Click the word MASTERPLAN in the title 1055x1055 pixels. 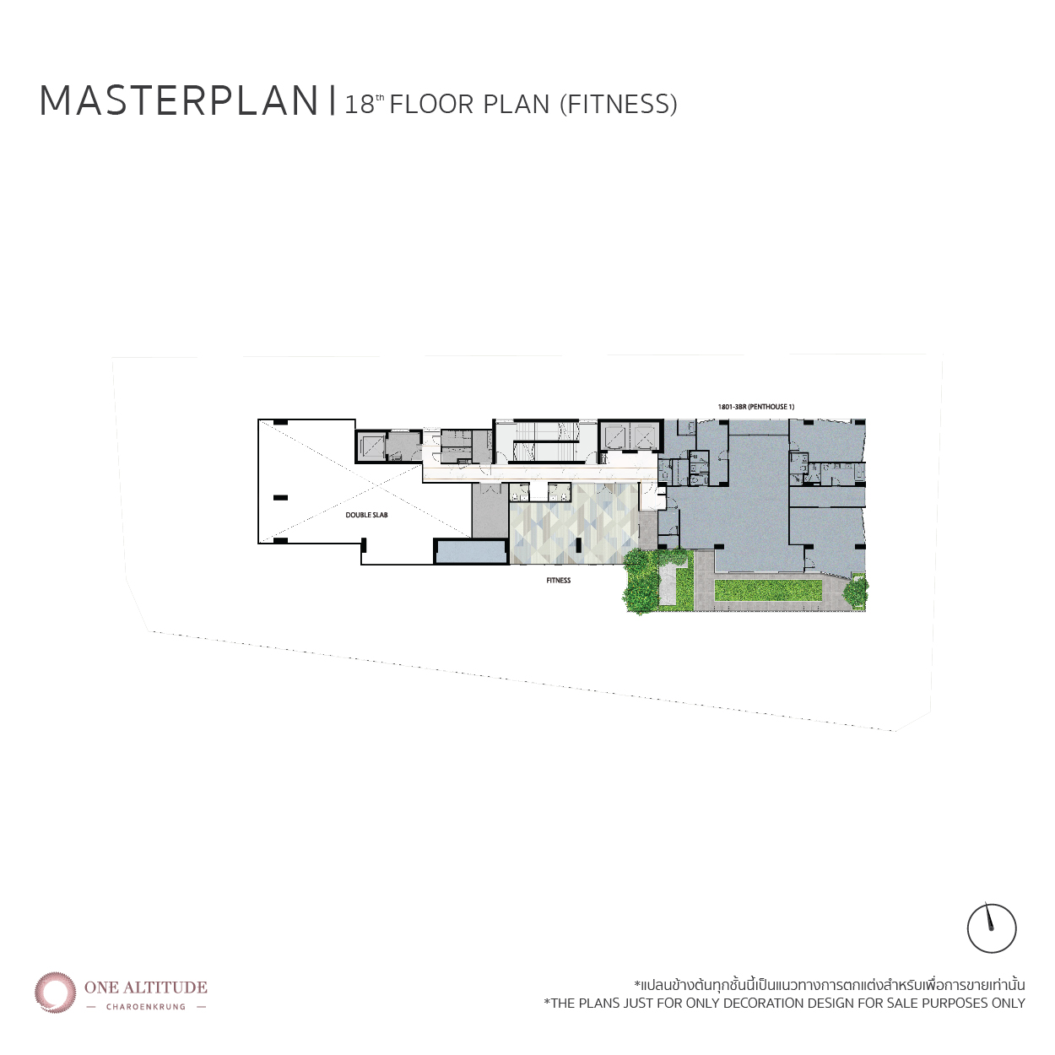click(x=179, y=100)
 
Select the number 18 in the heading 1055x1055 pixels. click(x=360, y=105)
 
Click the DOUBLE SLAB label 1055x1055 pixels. click(x=366, y=515)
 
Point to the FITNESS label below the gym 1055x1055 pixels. click(x=559, y=581)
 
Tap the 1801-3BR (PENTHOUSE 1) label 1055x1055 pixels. click(x=756, y=407)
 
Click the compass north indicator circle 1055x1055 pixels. click(x=992, y=929)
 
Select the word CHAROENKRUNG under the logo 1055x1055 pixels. click(x=146, y=1006)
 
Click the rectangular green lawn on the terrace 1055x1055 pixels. click(x=768, y=590)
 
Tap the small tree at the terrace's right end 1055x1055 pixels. click(x=855, y=592)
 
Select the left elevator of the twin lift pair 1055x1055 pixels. click(x=616, y=437)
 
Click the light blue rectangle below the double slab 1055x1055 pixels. click(x=472, y=552)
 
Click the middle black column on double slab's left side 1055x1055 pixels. click(x=280, y=498)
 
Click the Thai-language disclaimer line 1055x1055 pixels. click(x=830, y=986)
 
